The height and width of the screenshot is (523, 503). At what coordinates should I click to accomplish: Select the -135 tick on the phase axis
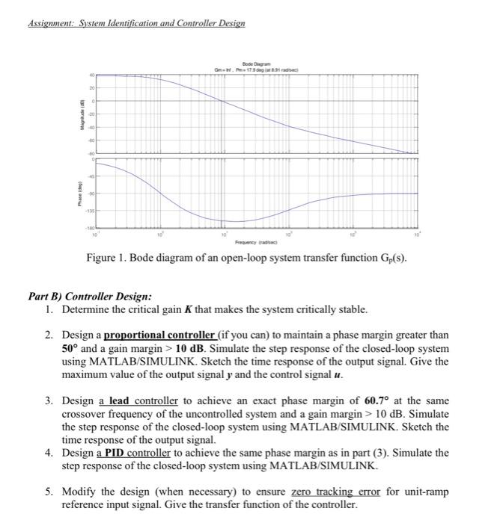pos(91,211)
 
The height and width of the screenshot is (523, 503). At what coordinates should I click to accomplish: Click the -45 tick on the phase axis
pos(92,177)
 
